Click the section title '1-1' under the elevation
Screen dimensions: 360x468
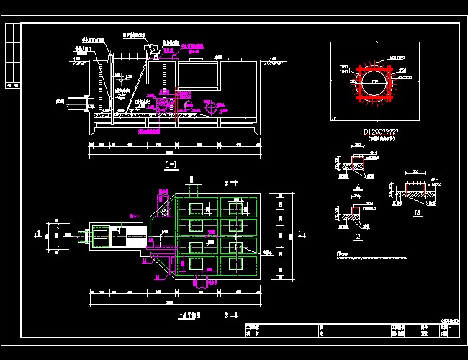[172, 165]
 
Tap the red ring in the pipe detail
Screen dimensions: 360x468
[374, 81]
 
